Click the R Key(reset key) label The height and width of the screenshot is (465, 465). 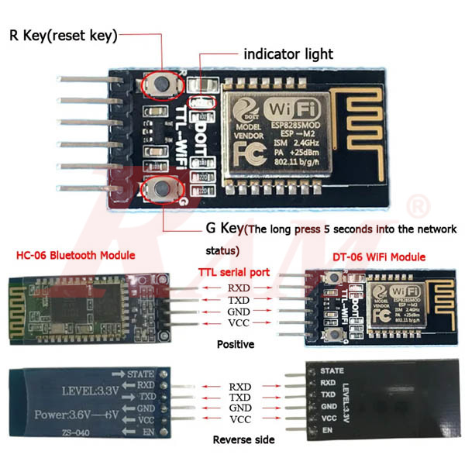(x=64, y=36)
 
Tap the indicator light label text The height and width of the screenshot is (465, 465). (x=288, y=54)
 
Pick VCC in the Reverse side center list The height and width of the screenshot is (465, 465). (x=239, y=419)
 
